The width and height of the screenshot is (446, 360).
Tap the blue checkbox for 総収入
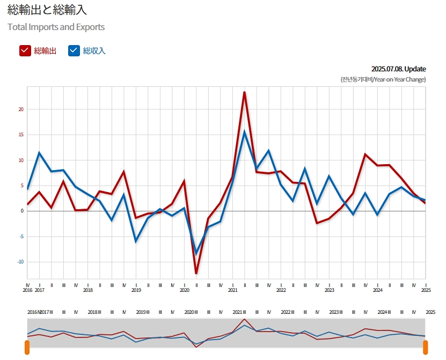74,50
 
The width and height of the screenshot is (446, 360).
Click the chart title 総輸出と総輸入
47,11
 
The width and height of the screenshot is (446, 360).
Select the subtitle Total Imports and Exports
56,27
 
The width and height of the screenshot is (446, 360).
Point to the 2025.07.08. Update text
398,69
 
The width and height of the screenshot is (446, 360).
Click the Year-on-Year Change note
383,79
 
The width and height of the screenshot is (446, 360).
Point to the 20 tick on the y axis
21,109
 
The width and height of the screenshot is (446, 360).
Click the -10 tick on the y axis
21,262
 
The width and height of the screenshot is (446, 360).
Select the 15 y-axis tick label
21,135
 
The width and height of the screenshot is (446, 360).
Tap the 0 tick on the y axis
23,211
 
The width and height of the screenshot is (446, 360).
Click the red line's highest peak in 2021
245,92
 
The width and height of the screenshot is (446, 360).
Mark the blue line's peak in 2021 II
245,132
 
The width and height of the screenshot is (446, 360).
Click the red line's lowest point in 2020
196,273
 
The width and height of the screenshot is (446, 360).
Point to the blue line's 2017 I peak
39,153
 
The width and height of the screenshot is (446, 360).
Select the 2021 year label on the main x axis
233,290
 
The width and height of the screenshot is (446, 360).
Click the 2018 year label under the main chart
88,290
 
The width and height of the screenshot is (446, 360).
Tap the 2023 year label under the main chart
330,290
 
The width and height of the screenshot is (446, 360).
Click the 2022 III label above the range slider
288,312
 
